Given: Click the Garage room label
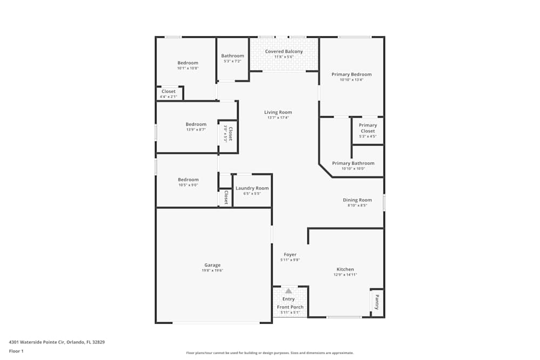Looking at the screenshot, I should pyautogui.click(x=212, y=265).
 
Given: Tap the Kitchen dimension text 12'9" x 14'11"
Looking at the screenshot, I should pyautogui.click(x=345, y=275).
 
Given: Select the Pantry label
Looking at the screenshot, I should pyautogui.click(x=377, y=302).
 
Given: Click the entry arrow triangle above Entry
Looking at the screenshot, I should pyautogui.click(x=288, y=291).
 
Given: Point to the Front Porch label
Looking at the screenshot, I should pyautogui.click(x=290, y=307).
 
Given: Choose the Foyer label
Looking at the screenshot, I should pyautogui.click(x=290, y=255).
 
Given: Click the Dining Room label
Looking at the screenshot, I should pyautogui.click(x=357, y=200).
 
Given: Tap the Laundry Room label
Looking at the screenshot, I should pyautogui.click(x=252, y=188).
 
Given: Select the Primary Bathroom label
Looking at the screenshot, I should pyautogui.click(x=353, y=163).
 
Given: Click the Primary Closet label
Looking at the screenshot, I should pyautogui.click(x=368, y=128).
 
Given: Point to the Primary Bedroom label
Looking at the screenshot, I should pyautogui.click(x=352, y=74).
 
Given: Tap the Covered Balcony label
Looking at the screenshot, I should pyautogui.click(x=283, y=52).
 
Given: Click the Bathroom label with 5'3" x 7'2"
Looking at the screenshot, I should pyautogui.click(x=233, y=56).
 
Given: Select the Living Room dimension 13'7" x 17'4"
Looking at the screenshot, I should pyautogui.click(x=278, y=118).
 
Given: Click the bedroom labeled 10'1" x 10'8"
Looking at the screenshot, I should pyautogui.click(x=188, y=63).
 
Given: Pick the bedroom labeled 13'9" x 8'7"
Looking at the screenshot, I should pyautogui.click(x=196, y=124).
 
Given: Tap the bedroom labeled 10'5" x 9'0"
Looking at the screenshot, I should pyautogui.click(x=188, y=180).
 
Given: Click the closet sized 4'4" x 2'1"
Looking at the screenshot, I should pyautogui.click(x=168, y=92).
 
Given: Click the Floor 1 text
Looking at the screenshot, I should pyautogui.click(x=16, y=351).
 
